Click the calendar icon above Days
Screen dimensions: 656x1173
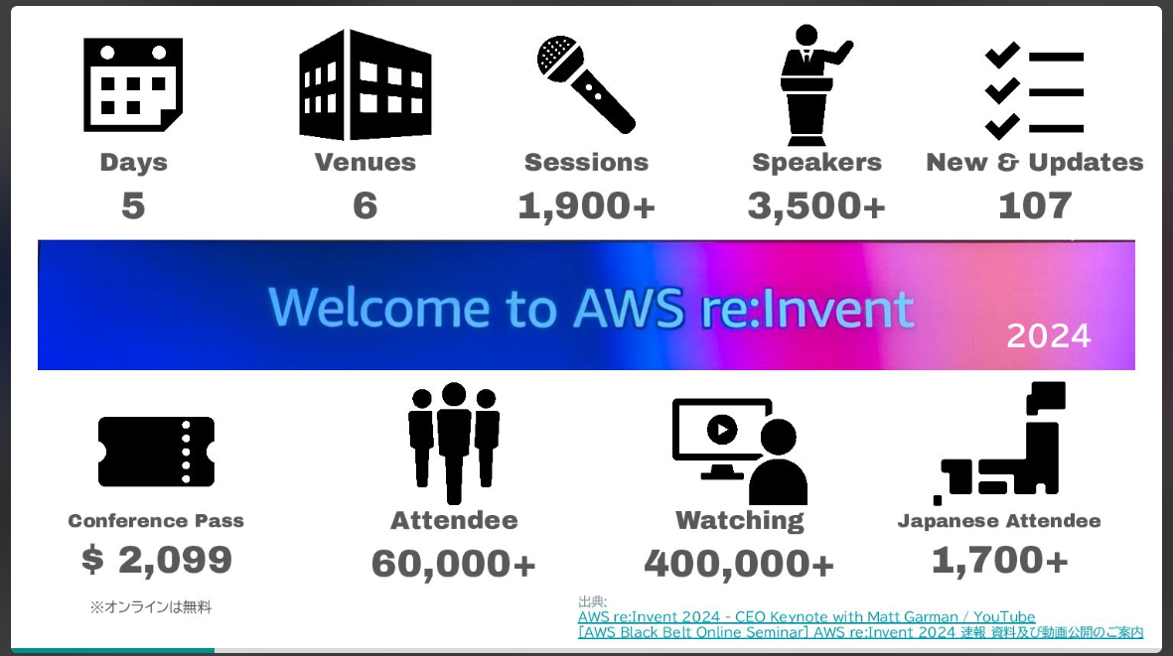point(133,84)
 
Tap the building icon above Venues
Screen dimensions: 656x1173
point(365,84)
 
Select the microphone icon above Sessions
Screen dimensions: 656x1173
point(586,84)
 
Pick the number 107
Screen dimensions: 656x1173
point(1035,205)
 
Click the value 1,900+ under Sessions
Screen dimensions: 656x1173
point(586,205)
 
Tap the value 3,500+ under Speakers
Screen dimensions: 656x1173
point(816,205)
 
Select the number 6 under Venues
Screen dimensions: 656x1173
point(365,205)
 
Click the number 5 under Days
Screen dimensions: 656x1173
point(133,205)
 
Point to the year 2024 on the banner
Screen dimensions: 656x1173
point(1048,335)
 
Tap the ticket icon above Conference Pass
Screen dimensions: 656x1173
point(156,452)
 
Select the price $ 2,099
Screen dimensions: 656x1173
point(156,560)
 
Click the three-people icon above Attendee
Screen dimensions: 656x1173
point(454,442)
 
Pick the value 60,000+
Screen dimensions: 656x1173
point(454,564)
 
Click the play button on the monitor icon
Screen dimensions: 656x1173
point(721,430)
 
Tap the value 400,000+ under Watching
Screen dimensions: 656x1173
point(739,564)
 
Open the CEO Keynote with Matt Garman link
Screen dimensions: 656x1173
point(806,617)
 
